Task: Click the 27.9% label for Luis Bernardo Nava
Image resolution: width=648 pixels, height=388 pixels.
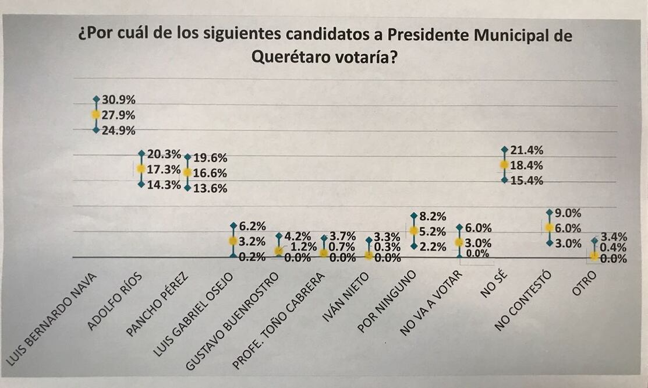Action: (x=119, y=115)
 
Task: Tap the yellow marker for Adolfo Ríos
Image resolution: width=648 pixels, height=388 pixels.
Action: (x=141, y=169)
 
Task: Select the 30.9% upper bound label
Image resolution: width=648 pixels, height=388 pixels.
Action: (x=119, y=100)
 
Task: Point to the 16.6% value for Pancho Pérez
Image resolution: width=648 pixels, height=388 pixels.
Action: (x=210, y=173)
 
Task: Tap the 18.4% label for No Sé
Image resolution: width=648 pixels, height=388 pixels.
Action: (x=526, y=165)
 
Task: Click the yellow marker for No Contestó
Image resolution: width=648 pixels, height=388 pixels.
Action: (x=549, y=228)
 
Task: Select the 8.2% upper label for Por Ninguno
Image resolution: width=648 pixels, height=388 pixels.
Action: (x=433, y=216)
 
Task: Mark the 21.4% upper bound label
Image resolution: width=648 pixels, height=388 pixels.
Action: (x=526, y=150)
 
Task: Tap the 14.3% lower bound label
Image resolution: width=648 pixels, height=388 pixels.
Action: (x=164, y=185)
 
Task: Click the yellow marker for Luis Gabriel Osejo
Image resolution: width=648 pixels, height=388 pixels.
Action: (x=233, y=241)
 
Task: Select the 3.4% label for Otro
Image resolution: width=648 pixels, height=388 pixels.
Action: (x=613, y=237)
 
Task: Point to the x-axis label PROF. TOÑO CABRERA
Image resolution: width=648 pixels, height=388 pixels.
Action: (x=279, y=322)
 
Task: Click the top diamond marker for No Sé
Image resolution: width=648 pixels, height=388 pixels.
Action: (x=504, y=150)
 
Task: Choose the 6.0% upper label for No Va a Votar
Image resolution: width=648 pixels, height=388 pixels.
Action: (x=478, y=228)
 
